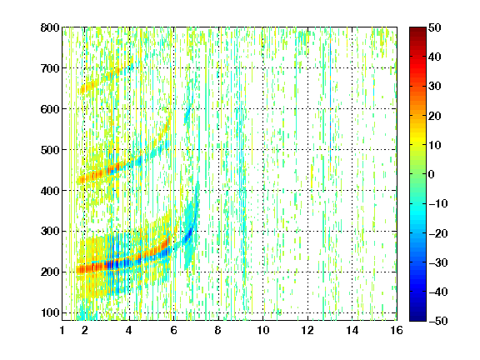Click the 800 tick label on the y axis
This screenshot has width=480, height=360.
(50, 27)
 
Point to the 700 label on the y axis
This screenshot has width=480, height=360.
(50, 68)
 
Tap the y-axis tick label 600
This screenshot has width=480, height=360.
(50, 109)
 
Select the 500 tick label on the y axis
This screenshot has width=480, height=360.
(50, 150)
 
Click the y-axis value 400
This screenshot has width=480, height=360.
(50, 191)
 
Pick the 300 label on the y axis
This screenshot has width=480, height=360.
(50, 231)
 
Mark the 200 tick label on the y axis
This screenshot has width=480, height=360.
(50, 272)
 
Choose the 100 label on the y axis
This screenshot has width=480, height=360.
(50, 312)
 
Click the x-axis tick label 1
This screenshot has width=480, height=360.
(62, 330)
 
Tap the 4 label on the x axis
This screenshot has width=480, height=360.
(129, 330)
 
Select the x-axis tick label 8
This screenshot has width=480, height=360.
(218, 330)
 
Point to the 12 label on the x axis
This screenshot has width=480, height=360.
(307, 330)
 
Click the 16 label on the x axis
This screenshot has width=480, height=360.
(397, 330)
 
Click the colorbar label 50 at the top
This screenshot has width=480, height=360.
(435, 27)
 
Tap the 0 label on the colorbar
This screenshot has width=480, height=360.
(432, 174)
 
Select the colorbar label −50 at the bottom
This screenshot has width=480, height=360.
(438, 321)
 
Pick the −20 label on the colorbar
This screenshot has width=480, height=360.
(438, 233)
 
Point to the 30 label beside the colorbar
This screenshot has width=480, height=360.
(435, 87)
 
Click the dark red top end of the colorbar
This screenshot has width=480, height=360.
(417, 28)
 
